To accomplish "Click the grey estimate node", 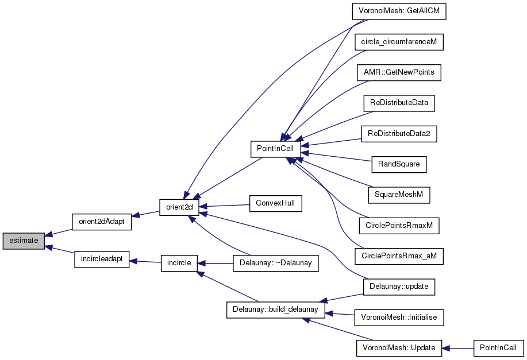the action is [x=24, y=241].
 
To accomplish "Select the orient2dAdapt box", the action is [x=102, y=222].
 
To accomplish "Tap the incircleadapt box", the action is [x=102, y=260].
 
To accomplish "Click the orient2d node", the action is [x=179, y=207].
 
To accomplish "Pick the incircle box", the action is [x=179, y=263].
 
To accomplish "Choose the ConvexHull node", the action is [x=276, y=203].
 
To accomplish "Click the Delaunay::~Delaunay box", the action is [x=276, y=263].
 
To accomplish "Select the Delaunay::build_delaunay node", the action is [x=276, y=309].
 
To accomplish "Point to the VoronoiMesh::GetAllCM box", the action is [x=399, y=11].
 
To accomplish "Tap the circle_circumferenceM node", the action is [x=399, y=42].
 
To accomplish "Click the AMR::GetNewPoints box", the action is [x=399, y=72].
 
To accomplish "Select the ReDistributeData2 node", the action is [x=399, y=134].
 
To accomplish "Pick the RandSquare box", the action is [x=399, y=164].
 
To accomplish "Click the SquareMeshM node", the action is [x=399, y=195].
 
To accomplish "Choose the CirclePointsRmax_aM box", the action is [x=399, y=256].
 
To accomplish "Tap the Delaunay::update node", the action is [x=399, y=287].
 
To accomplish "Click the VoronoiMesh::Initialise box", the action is [x=399, y=318].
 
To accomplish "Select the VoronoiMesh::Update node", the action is [x=399, y=348].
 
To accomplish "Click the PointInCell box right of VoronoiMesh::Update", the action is [x=498, y=348].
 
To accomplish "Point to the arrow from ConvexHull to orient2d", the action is [x=225, y=206].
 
